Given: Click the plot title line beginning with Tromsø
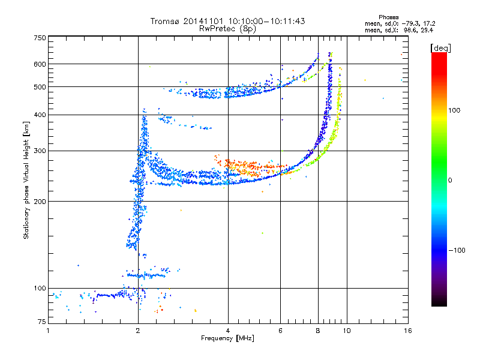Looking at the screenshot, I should (x=228, y=21).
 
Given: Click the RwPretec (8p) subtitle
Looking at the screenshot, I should (x=228, y=28).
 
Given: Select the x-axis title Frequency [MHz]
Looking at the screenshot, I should (x=227, y=338).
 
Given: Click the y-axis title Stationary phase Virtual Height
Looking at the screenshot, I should (x=26, y=181).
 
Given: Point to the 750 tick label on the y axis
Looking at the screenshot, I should (x=40, y=37).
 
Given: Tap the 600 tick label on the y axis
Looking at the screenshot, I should (x=40, y=64).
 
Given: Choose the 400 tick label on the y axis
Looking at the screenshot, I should (x=40, y=115).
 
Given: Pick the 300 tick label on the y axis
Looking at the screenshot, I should (x=40, y=151).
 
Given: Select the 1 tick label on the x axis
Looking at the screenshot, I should (x=48, y=331).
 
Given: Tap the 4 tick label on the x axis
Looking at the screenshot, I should (x=228, y=331).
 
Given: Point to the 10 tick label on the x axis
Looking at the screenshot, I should (x=347, y=331).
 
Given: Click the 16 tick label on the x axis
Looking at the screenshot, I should (x=408, y=331).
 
